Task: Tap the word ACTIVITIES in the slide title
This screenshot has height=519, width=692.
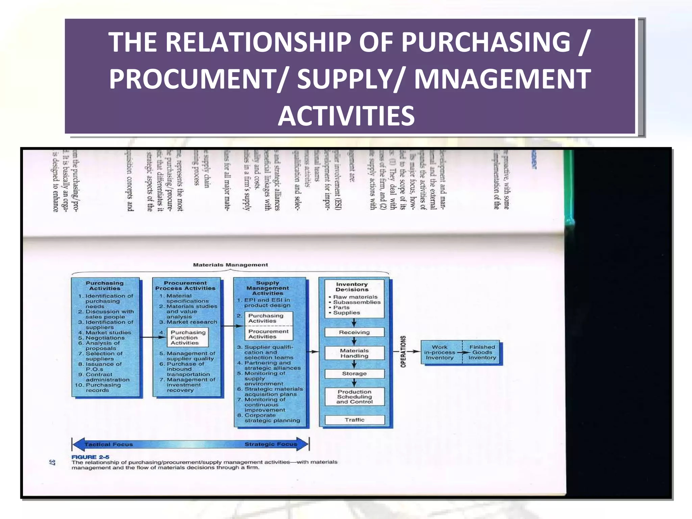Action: point(346,116)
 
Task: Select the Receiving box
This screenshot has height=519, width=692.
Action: point(354,332)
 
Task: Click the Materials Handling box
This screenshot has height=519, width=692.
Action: point(354,353)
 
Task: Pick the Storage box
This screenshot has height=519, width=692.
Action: point(354,374)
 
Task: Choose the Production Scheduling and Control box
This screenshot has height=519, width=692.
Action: point(354,397)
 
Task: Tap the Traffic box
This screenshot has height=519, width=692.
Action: point(354,420)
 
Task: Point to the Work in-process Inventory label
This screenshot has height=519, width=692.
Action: point(440,352)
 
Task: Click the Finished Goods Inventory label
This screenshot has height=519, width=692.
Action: point(482,352)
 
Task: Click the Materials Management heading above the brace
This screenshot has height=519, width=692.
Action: point(230,265)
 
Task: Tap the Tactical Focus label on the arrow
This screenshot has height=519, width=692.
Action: point(108,444)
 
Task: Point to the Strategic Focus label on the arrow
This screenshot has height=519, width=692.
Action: point(271,444)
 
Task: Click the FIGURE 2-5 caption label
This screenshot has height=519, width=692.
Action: point(90,457)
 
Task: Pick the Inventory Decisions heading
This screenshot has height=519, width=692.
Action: point(352,287)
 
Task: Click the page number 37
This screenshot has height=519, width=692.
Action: point(52,462)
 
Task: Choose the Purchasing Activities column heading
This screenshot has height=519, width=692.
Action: point(105,286)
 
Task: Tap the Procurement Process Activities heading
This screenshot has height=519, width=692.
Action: point(185,286)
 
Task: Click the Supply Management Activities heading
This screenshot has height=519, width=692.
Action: point(267,288)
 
